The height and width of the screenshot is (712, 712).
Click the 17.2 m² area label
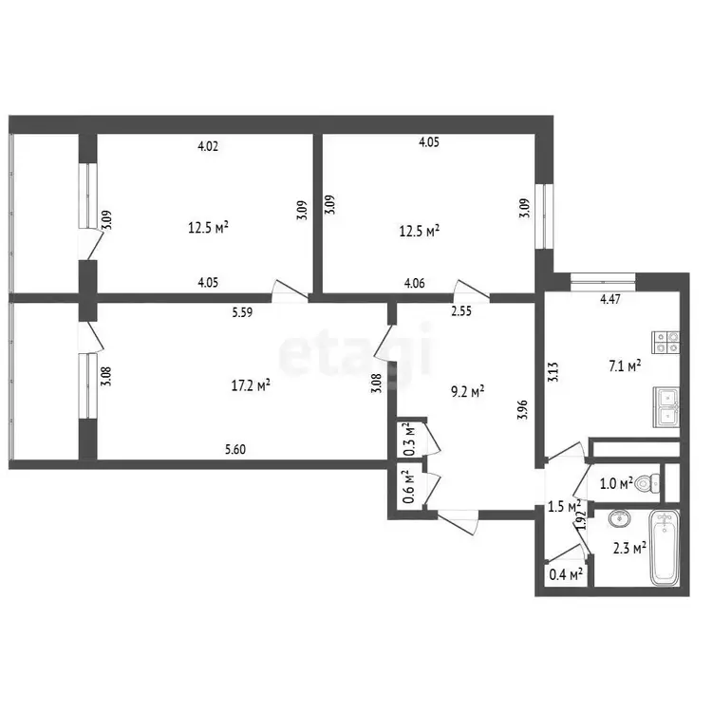(252, 386)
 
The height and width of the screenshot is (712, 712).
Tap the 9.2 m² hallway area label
(468, 391)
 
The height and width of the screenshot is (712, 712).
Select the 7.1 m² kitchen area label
(625, 366)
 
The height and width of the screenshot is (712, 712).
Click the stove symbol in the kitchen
(665, 343)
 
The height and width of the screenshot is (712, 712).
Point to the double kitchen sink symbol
(666, 407)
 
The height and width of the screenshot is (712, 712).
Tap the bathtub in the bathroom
(665, 548)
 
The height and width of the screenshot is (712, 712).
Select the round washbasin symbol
(619, 518)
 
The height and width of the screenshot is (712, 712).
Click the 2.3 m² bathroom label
(629, 549)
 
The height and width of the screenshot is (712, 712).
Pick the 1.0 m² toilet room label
(616, 484)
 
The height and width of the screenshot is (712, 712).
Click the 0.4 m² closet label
(566, 575)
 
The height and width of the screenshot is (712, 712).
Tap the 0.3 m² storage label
(409, 440)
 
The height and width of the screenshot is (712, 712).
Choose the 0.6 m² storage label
(409, 487)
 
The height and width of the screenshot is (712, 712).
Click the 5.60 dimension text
(235, 450)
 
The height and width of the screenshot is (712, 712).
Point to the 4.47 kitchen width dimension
(610, 299)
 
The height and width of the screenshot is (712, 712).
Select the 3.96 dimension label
(523, 409)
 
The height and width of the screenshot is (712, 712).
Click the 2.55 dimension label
(461, 311)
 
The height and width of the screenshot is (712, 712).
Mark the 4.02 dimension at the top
(208, 146)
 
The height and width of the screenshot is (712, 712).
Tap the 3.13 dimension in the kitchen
(553, 371)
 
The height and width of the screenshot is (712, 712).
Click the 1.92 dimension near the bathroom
(581, 520)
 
